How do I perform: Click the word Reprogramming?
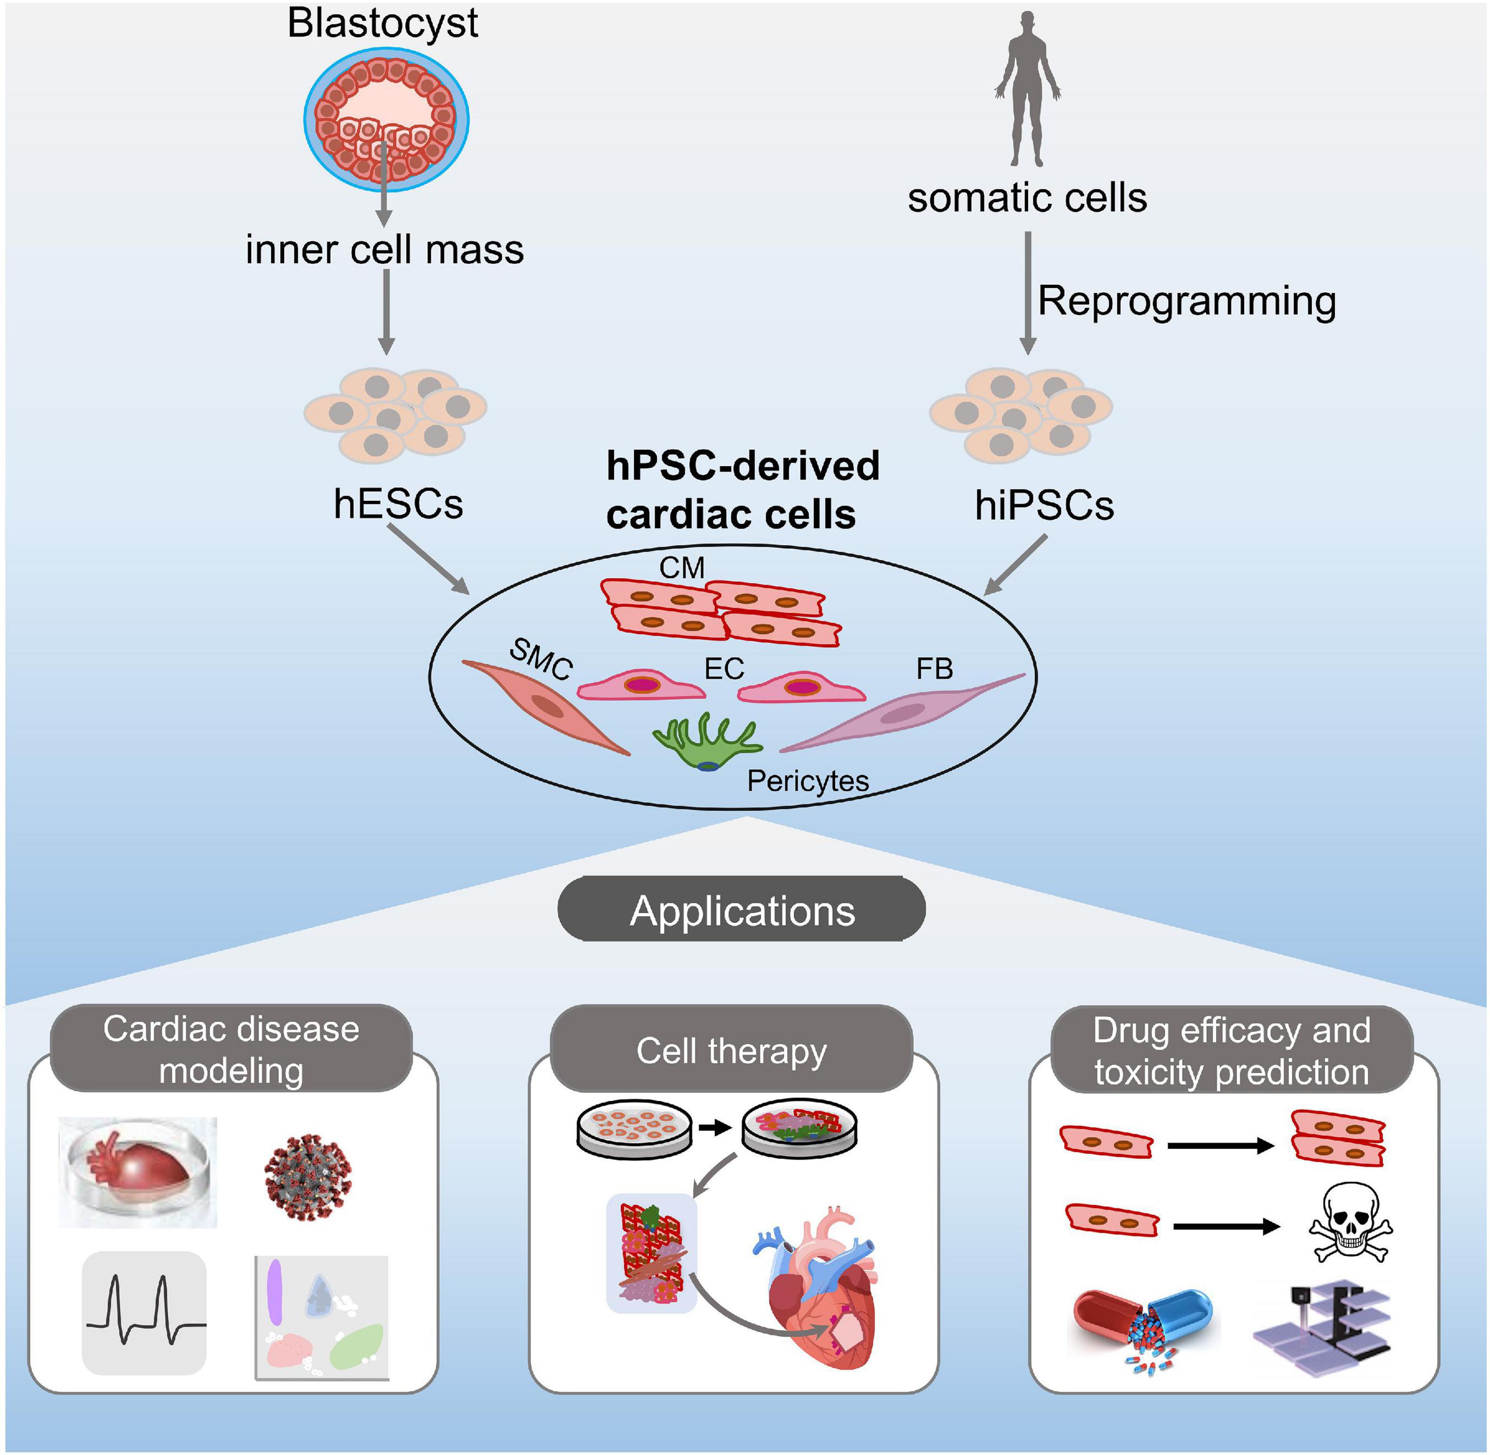click(x=1186, y=300)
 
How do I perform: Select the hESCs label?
click(x=398, y=504)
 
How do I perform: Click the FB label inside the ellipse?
click(x=934, y=670)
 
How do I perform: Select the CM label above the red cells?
click(x=681, y=568)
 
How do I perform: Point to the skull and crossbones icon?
click(x=1350, y=1223)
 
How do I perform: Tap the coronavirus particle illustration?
click(x=307, y=1177)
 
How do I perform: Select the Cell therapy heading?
click(x=731, y=1051)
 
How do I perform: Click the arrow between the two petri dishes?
click(x=715, y=1127)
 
